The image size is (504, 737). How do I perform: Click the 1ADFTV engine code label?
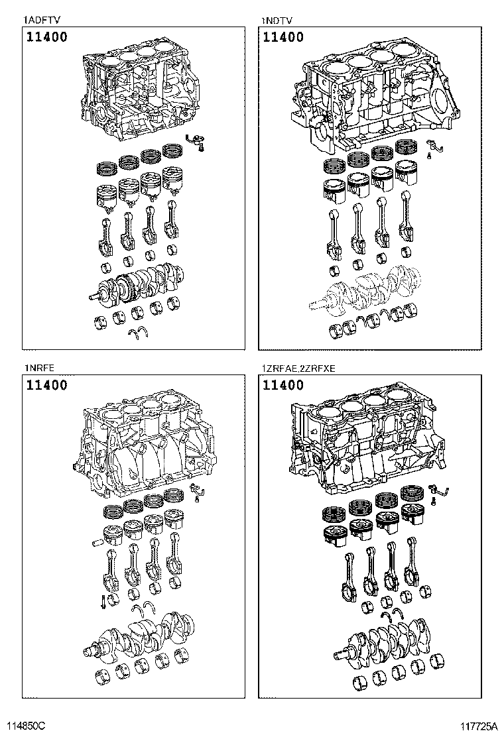(39, 20)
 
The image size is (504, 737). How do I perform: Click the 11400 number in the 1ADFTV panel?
(46, 37)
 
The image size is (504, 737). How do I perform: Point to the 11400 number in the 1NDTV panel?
(283, 37)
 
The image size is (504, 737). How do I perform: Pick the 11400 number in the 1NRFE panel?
(46, 384)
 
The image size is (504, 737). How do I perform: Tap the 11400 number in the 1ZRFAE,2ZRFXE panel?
(283, 384)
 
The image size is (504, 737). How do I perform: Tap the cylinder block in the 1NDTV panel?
(371, 96)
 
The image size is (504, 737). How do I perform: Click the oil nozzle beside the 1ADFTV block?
(196, 140)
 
